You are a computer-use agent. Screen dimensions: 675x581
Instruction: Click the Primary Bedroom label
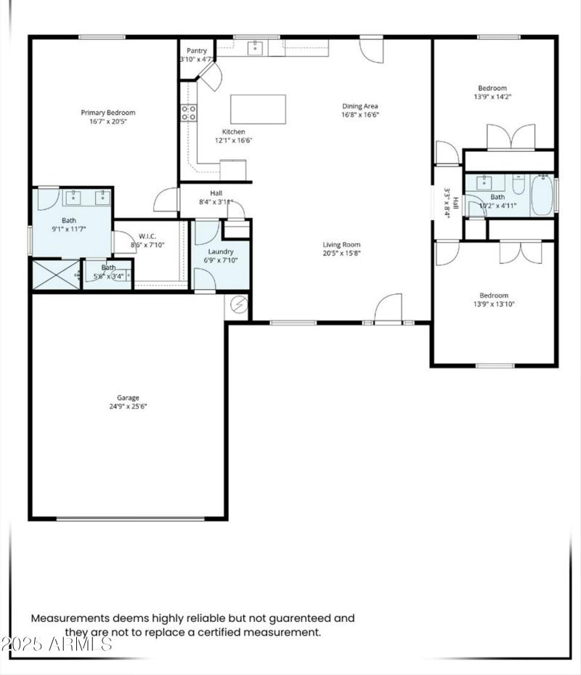(107, 113)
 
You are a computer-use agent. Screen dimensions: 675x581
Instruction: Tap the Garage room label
(128, 397)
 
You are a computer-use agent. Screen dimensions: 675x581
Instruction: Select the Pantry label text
(197, 50)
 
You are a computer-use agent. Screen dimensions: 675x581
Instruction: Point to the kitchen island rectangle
(258, 109)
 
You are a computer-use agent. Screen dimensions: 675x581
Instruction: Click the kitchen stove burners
(189, 113)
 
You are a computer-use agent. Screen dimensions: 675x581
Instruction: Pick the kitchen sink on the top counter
(255, 48)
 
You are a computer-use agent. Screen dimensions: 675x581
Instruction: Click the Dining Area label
(360, 106)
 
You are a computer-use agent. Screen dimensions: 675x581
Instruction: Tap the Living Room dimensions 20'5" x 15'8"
(341, 254)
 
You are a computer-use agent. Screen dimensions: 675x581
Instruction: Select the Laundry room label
(221, 251)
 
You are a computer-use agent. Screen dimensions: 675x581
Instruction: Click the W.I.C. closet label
(148, 236)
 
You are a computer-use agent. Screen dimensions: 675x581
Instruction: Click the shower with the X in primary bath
(55, 275)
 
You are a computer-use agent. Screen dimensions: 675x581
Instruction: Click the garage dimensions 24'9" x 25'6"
(128, 407)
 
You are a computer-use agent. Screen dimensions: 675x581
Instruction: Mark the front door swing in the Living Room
(389, 307)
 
